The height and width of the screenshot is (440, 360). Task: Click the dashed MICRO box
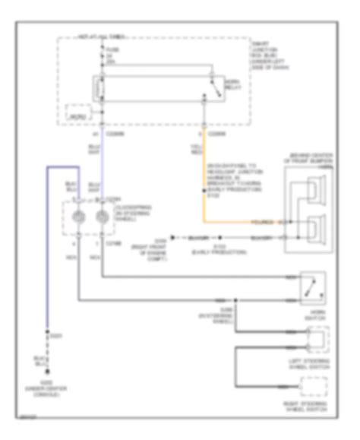tap(77, 113)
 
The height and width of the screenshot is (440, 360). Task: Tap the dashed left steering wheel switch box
tap(317, 338)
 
